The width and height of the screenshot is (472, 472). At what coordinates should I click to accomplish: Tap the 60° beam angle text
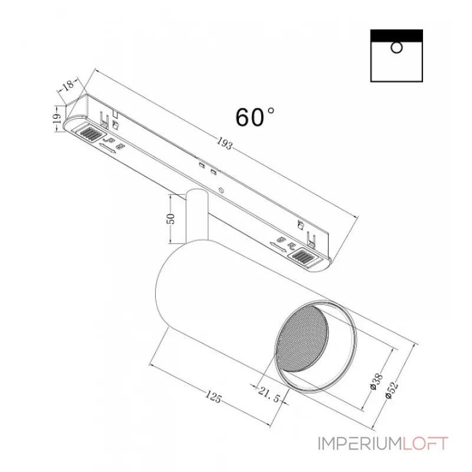254,117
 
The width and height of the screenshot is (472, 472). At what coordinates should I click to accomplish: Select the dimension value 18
68,85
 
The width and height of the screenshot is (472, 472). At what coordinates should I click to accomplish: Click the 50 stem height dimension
172,218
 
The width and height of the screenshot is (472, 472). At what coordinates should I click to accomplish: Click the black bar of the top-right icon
396,35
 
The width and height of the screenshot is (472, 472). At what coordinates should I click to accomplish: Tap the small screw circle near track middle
221,190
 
